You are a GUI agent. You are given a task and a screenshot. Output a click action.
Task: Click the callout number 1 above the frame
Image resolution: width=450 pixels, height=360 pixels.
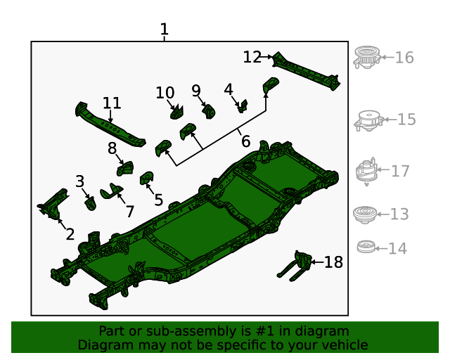tap(164, 30)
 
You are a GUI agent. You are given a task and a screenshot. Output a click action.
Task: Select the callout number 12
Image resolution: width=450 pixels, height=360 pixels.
tap(252, 57)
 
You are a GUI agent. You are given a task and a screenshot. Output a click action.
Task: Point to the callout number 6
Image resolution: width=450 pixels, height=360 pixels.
tap(245, 141)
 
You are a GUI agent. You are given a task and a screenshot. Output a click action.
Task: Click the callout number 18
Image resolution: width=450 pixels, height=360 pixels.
tap(333, 262)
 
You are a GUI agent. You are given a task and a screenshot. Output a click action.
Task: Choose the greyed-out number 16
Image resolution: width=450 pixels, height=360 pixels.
tap(404, 58)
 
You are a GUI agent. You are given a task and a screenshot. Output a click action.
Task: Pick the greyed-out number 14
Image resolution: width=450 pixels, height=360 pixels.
tap(397, 248)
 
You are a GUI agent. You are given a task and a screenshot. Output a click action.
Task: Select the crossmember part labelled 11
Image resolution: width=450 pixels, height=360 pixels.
tap(109, 125)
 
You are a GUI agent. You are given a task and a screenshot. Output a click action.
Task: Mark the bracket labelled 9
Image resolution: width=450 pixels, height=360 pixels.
tap(209, 110)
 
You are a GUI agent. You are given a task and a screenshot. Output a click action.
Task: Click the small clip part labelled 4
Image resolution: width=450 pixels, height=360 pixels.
tap(243, 106)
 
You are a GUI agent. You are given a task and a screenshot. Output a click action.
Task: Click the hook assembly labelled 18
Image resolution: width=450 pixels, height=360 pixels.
tap(299, 264)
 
